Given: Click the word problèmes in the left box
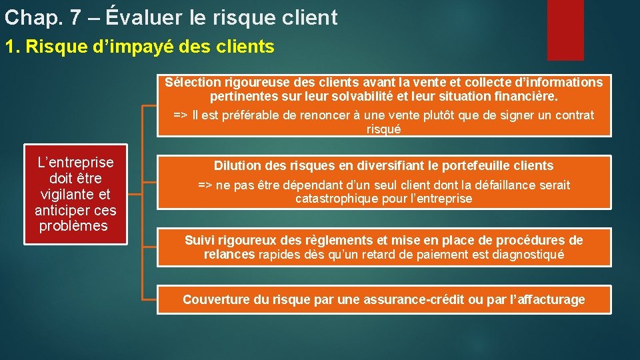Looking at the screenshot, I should click(x=73, y=226).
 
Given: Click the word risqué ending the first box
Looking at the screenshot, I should click(x=383, y=129).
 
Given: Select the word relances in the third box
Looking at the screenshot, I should click(x=229, y=254).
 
